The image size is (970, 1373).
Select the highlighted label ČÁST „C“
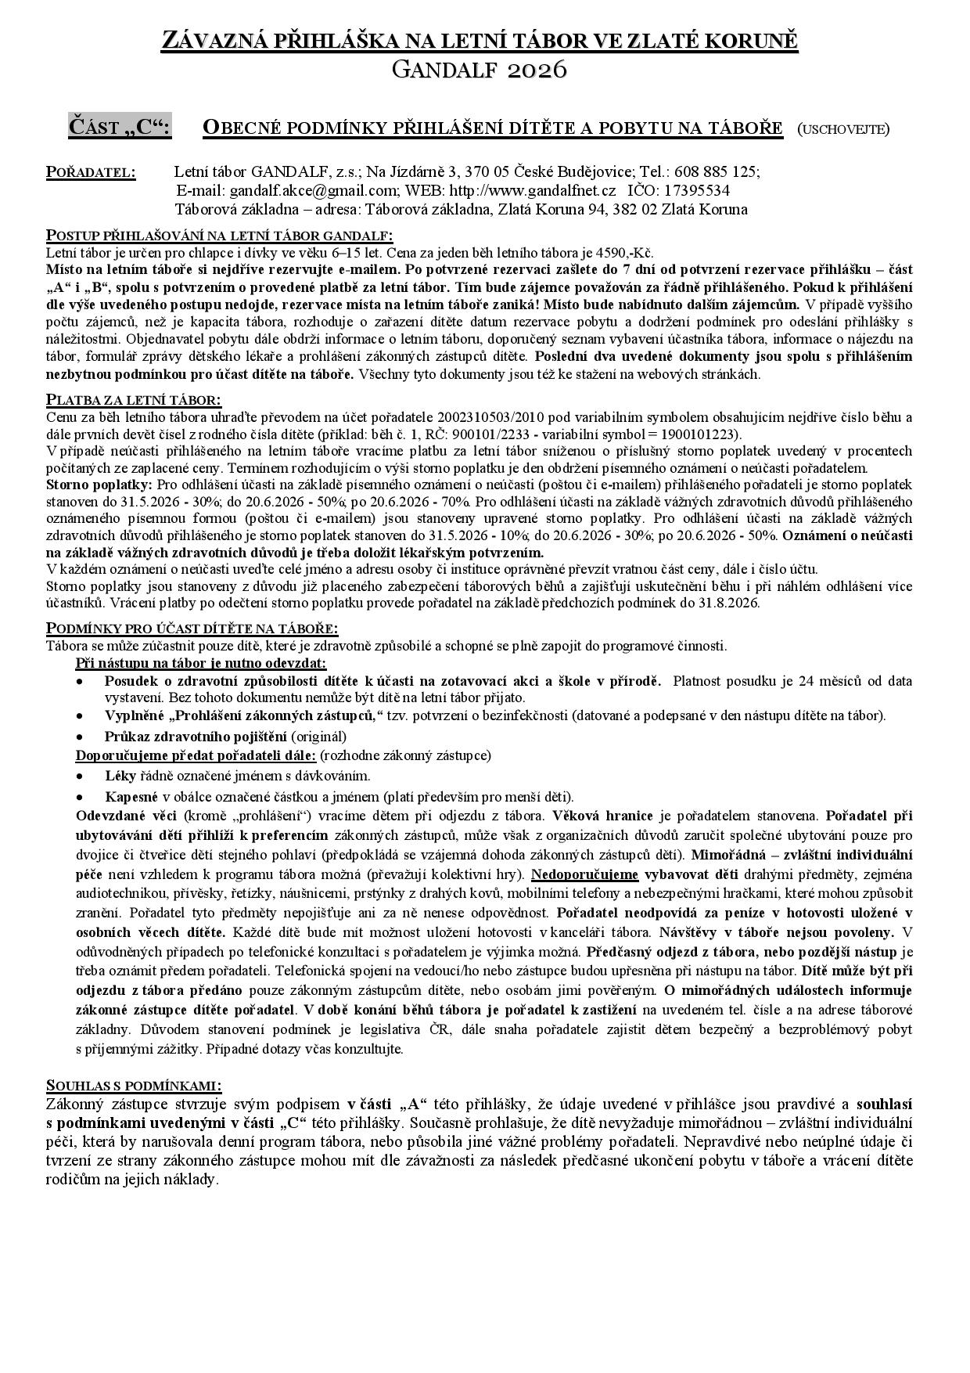click(120, 127)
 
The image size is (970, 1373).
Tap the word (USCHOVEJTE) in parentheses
click(843, 128)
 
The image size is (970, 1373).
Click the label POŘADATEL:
click(91, 172)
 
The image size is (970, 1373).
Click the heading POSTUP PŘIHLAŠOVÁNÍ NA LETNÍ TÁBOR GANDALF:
click(220, 236)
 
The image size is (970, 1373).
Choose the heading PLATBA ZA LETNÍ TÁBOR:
click(134, 400)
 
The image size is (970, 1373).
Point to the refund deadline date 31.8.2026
click(727, 603)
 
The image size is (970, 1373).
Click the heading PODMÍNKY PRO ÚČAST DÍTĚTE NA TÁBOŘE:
click(192, 629)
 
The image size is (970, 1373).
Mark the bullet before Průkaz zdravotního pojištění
click(80, 737)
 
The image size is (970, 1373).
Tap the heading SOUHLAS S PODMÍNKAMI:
click(134, 1086)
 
